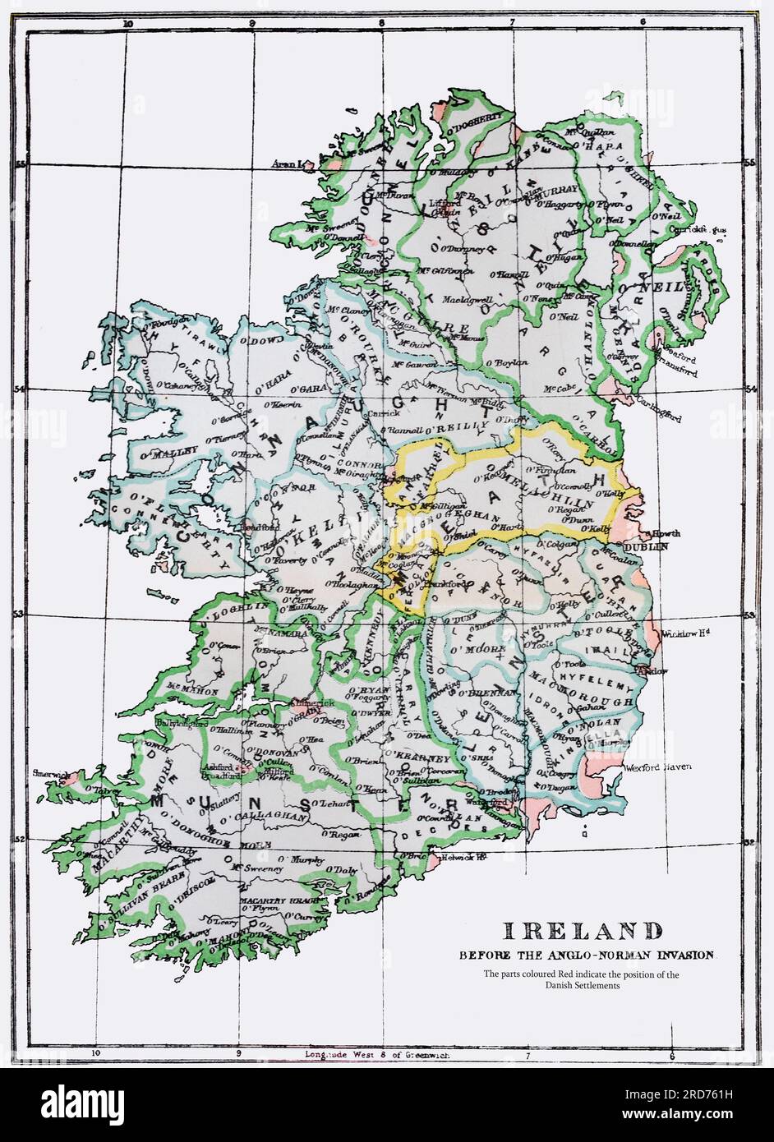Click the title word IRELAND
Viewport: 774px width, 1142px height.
582,931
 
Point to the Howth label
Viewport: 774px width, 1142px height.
665,533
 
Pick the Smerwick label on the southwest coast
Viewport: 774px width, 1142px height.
48,772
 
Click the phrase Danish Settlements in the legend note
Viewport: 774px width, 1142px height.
581,986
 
